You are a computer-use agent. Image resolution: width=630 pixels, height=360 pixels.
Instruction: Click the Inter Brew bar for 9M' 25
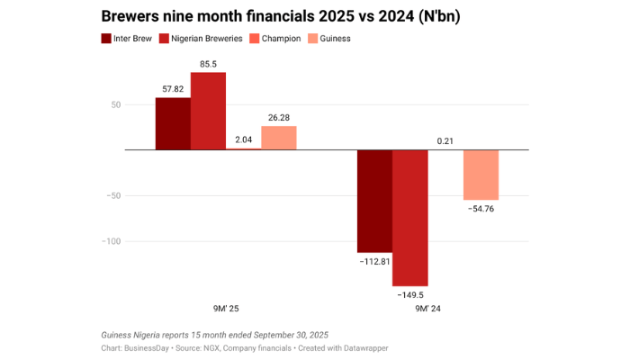coord(173,123)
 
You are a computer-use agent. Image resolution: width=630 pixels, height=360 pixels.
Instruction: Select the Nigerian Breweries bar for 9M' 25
coord(208,111)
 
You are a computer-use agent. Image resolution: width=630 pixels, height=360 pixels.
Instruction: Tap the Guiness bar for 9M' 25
coord(279,138)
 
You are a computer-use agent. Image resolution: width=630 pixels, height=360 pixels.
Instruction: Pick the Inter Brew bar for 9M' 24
coord(375,201)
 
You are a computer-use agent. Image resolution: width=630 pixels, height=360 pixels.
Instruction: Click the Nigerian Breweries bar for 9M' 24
coord(410,218)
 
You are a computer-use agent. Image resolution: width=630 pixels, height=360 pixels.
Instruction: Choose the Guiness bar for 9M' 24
coord(481,175)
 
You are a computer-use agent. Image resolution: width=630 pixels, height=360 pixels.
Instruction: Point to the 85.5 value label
coord(208,64)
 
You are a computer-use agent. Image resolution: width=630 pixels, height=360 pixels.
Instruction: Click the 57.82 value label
coord(173,89)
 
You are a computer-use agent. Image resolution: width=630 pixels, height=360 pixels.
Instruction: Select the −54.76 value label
coord(481,209)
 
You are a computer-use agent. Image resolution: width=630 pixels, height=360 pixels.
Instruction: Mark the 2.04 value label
coord(243,139)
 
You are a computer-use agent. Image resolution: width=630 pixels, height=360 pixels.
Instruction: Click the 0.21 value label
coord(445,141)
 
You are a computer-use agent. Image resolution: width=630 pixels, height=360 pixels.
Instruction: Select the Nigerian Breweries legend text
coord(206,39)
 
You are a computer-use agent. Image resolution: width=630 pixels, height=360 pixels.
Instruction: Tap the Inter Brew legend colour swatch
coord(106,39)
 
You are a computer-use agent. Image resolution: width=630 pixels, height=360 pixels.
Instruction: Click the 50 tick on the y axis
coord(114,104)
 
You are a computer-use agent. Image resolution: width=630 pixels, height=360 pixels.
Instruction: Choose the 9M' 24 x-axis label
coord(427,309)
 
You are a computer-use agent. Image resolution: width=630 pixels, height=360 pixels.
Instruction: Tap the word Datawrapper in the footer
coord(363,347)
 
